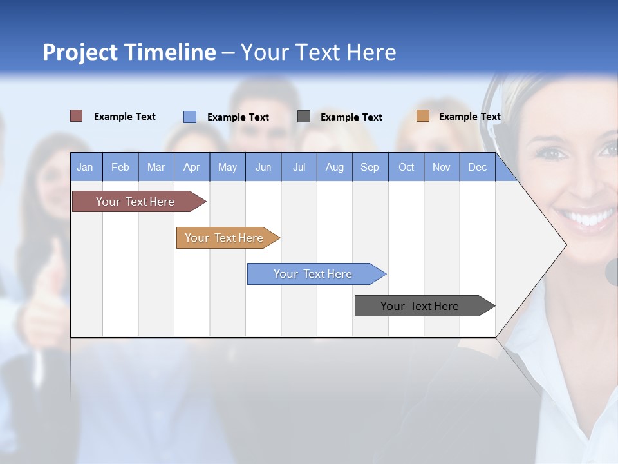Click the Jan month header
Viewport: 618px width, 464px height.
pos(86,167)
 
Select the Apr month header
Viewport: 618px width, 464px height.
pos(192,167)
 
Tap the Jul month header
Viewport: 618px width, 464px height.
pos(299,167)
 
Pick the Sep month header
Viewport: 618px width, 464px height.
pos(370,167)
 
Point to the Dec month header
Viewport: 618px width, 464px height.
pos(477,167)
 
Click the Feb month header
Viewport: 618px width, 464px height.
pos(120,167)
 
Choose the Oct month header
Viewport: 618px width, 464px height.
pos(406,167)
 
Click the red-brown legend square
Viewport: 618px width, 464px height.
pos(76,116)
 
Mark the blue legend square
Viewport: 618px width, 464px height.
pos(190,117)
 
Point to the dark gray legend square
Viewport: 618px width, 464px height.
pos(304,117)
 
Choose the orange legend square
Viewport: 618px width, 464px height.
pos(422,116)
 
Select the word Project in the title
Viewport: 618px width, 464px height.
pos(80,52)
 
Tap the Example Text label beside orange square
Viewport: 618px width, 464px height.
pos(469,117)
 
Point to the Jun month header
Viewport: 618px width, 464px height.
pos(263,167)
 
